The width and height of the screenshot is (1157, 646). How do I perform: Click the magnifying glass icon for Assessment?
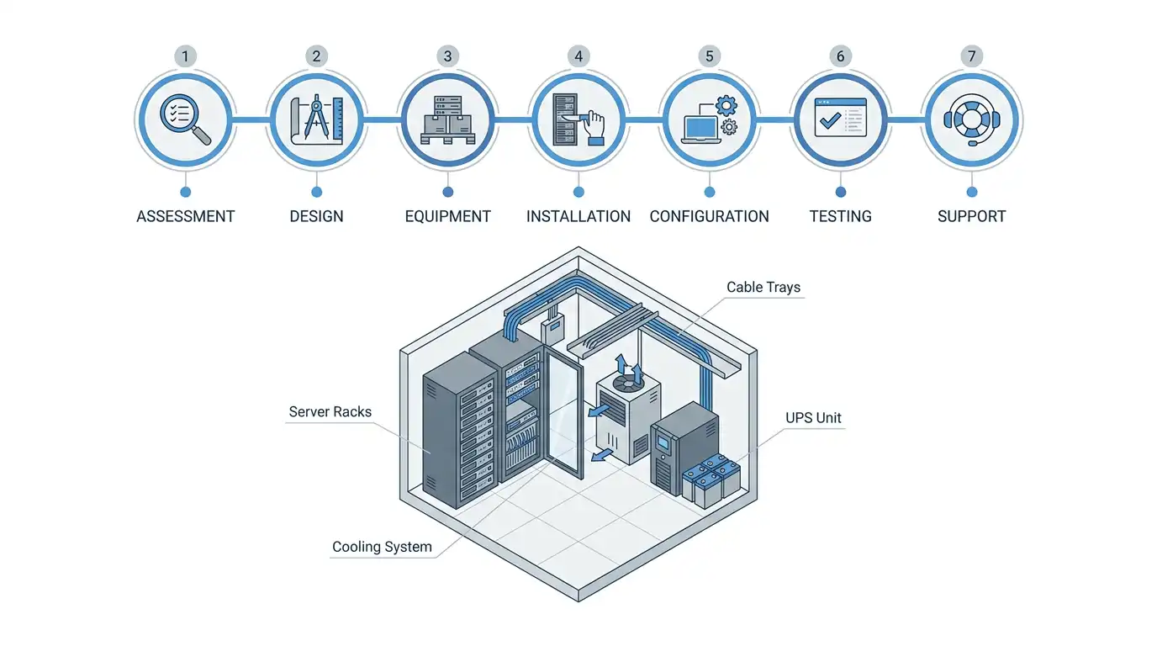point(185,119)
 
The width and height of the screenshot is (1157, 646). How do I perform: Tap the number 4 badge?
point(578,56)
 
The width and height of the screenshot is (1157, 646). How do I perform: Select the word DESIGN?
point(316,216)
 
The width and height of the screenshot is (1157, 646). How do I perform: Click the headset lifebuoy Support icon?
point(971,119)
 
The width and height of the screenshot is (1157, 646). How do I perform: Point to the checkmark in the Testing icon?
point(830,120)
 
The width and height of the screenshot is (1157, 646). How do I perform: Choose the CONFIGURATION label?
point(709,216)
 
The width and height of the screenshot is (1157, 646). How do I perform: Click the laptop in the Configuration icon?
point(701,130)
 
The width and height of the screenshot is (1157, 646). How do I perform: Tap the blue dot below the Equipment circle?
point(448,193)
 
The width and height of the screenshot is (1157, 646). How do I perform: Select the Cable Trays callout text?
point(763,287)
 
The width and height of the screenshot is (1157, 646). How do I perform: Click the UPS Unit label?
point(813,417)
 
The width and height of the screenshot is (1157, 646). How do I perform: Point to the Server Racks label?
point(330,411)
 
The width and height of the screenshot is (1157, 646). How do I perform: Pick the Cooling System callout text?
point(382,547)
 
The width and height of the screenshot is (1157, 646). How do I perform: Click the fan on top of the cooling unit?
point(628,383)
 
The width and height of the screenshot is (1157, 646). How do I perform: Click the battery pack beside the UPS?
point(711,480)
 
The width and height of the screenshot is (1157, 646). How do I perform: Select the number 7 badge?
point(971,56)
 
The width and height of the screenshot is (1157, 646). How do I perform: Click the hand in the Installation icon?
point(594,127)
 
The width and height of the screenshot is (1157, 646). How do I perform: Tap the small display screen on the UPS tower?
point(663,443)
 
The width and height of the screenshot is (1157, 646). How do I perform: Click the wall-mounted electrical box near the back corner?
point(552,330)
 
